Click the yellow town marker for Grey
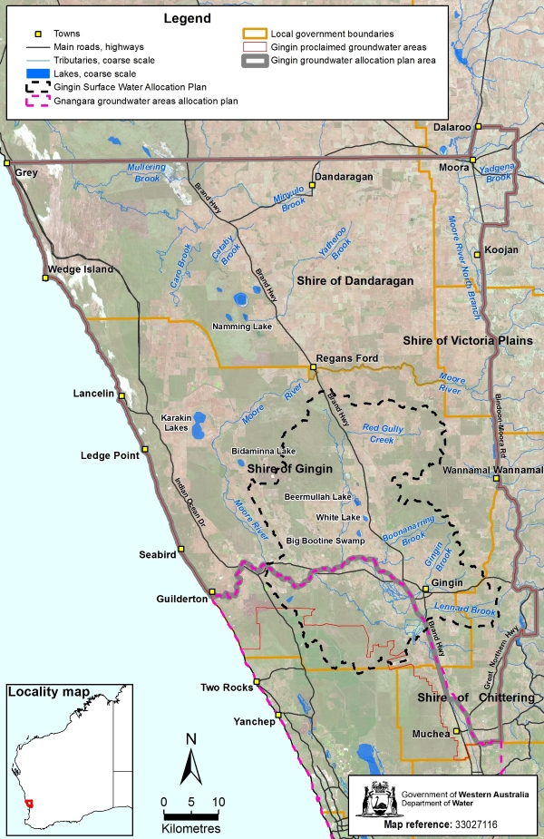tap(5, 162)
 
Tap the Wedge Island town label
tap(82, 269)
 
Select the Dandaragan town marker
tap(311, 184)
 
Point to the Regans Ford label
tap(347, 358)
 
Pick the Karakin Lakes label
tap(178, 424)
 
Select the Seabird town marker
tap(180, 549)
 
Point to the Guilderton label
tap(181, 599)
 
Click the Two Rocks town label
tap(225, 688)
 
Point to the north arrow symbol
tap(190, 758)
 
